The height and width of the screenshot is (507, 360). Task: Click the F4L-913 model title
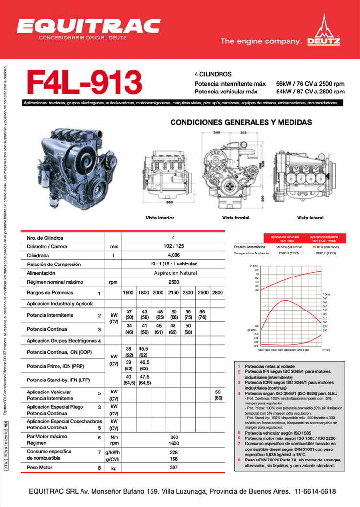tap(85, 82)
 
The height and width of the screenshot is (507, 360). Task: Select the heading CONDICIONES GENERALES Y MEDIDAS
tap(241, 122)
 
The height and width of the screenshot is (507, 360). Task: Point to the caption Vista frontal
tap(235, 218)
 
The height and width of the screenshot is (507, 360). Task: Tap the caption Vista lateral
tap(310, 218)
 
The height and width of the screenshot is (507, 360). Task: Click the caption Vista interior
tap(160, 218)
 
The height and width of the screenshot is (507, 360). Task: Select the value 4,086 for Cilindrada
tap(173, 255)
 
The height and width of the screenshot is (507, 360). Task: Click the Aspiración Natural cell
tap(173, 273)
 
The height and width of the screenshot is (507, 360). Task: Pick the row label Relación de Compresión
tap(54, 264)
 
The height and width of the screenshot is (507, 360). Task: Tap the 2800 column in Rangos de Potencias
tap(217, 292)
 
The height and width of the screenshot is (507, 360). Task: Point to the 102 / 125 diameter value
tap(173, 246)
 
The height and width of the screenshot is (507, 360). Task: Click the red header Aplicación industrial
tap(324, 239)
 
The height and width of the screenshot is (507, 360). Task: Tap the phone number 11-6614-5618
tap(315, 492)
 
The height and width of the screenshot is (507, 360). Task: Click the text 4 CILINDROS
tap(213, 74)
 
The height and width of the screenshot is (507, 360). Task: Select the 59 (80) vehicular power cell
tap(218, 395)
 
